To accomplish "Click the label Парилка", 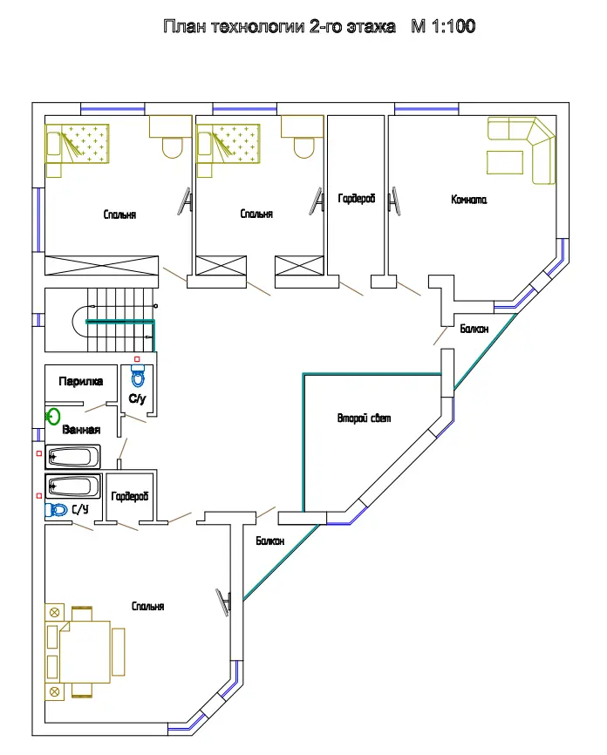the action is pyautogui.click(x=80, y=382).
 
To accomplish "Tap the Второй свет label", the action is pyautogui.click(x=365, y=418).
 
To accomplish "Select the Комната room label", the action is pyautogui.click(x=468, y=200).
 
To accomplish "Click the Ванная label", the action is pyautogui.click(x=81, y=430).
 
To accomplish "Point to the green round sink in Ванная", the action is pyautogui.click(x=53, y=417).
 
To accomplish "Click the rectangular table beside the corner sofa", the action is pyautogui.click(x=505, y=162).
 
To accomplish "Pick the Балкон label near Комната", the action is pyautogui.click(x=474, y=329).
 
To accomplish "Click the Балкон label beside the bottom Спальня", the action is pyautogui.click(x=269, y=541).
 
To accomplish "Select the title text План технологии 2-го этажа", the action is pyautogui.click(x=279, y=26).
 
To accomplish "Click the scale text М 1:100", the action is pyautogui.click(x=443, y=26).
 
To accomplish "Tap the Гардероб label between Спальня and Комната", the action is pyautogui.click(x=357, y=199).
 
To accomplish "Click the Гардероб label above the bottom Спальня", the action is pyautogui.click(x=130, y=496).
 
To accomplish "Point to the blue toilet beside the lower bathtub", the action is pyautogui.click(x=57, y=510).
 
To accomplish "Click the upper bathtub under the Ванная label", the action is pyautogui.click(x=72, y=457).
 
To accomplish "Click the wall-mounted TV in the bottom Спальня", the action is pyautogui.click(x=223, y=602).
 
